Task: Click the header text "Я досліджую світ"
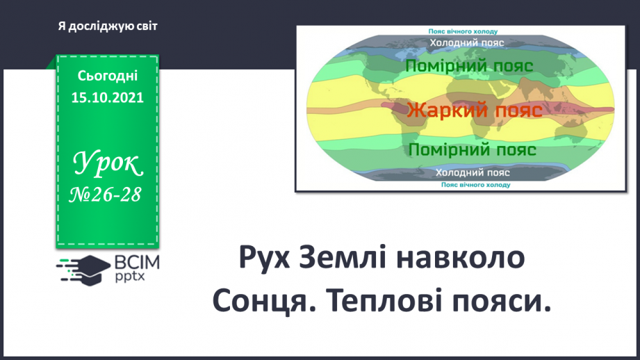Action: (x=108, y=26)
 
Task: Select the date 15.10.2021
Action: (x=108, y=98)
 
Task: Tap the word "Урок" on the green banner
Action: (x=108, y=164)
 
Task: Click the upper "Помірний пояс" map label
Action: (x=468, y=67)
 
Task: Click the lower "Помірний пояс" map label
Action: (x=472, y=150)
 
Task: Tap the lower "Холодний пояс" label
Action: (x=473, y=172)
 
